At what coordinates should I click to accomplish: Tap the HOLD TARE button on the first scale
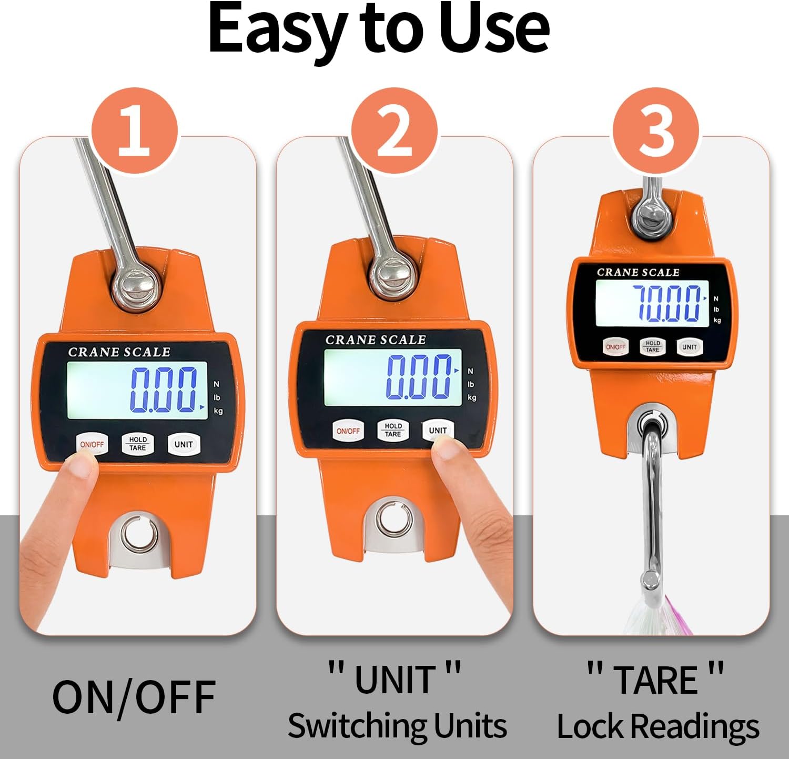[138, 444]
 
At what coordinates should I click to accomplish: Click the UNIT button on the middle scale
[438, 431]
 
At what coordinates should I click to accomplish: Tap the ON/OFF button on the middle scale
[348, 431]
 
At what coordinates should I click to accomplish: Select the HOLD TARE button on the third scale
[652, 346]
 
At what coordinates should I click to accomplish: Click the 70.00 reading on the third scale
[667, 303]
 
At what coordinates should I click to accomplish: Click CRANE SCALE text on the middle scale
[376, 340]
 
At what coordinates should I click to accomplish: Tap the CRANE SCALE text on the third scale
[638, 272]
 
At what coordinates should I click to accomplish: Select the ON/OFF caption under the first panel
[134, 697]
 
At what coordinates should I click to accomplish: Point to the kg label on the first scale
[218, 411]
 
